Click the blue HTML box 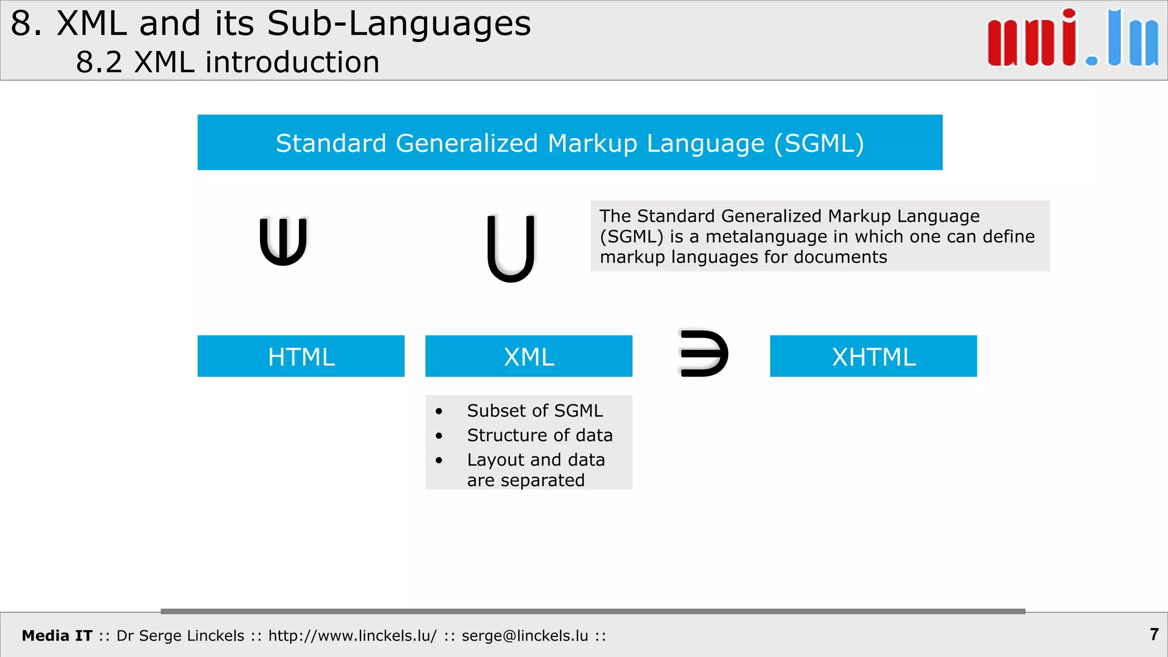click(301, 356)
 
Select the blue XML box click(529, 356)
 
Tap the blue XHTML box click(873, 356)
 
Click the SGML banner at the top click(570, 143)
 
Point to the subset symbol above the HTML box click(283, 241)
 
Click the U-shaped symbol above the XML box click(511, 248)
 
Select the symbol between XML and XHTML click(704, 354)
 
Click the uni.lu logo click(1073, 39)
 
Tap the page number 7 click(1154, 634)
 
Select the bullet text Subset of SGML click(534, 411)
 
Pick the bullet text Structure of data click(540, 435)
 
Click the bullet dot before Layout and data click(439, 460)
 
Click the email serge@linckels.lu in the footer click(525, 636)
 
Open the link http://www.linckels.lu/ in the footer click(352, 636)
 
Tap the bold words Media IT click(57, 636)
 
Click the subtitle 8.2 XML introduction click(228, 62)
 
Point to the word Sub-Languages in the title click(399, 24)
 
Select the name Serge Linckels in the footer click(192, 636)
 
